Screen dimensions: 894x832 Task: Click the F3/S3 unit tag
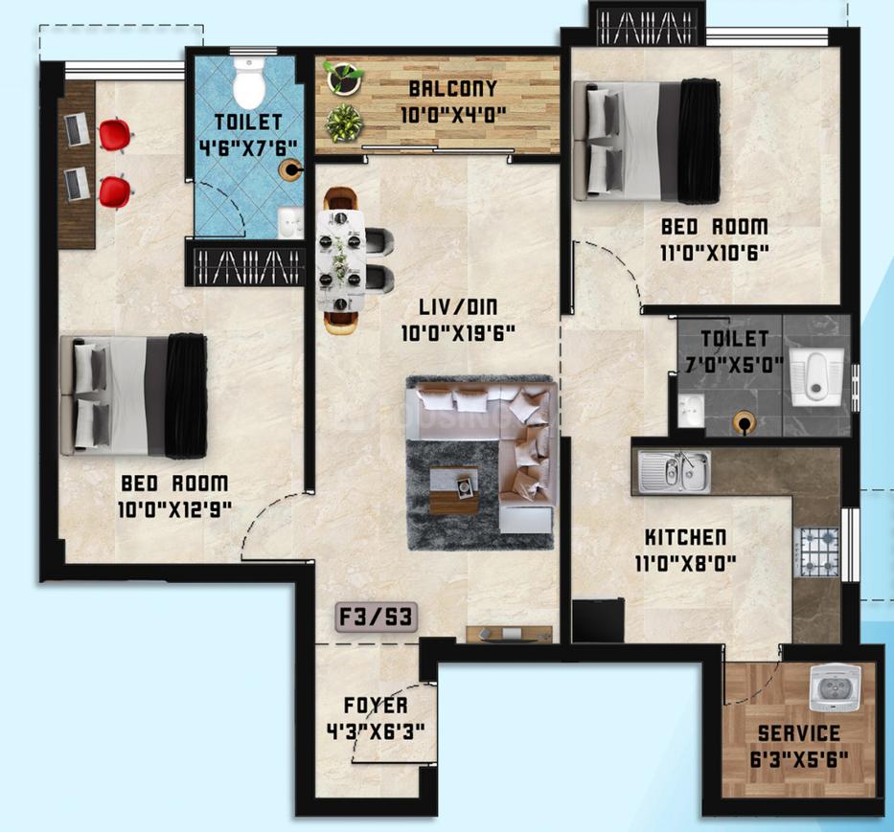[x=377, y=618]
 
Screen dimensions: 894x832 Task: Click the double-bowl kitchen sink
[x=675, y=471]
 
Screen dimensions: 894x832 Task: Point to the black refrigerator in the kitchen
[x=598, y=620]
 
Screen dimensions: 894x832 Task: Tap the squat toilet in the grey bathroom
[x=816, y=376]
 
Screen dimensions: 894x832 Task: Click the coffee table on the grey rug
[x=454, y=490]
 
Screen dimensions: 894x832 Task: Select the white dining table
[x=341, y=261]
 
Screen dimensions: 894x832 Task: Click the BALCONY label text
[x=453, y=89]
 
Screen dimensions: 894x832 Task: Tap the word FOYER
[x=376, y=706]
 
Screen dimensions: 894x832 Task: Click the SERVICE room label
[x=799, y=733]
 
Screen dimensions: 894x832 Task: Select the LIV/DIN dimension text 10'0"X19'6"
[x=458, y=333]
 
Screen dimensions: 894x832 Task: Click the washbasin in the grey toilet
[x=691, y=410]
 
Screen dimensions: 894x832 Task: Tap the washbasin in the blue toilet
[x=290, y=222]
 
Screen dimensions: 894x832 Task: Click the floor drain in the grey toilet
[x=745, y=423]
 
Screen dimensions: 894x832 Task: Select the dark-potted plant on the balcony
[x=344, y=79]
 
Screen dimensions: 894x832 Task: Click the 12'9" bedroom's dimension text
[x=174, y=509]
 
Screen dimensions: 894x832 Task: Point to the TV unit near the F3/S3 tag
[x=509, y=634]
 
